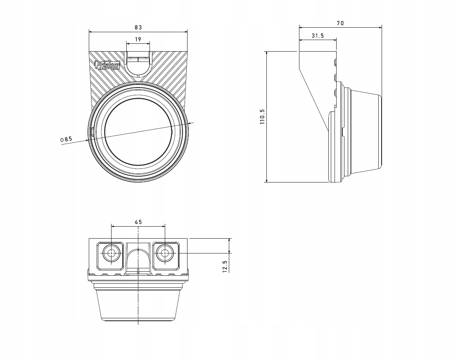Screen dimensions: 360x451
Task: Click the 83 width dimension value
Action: (x=138, y=27)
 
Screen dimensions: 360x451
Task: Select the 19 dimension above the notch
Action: (x=138, y=39)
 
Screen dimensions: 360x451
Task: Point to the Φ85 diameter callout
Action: (x=66, y=139)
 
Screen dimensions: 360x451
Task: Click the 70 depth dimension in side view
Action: (x=340, y=23)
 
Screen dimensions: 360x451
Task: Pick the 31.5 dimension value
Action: (x=317, y=36)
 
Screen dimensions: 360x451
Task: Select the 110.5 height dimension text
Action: (x=262, y=117)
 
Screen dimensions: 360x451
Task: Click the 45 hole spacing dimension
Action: (x=138, y=222)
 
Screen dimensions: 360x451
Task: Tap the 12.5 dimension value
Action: (x=225, y=266)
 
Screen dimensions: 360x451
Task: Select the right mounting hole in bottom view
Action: (x=165, y=253)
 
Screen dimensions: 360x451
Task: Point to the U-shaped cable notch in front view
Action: (x=138, y=66)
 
